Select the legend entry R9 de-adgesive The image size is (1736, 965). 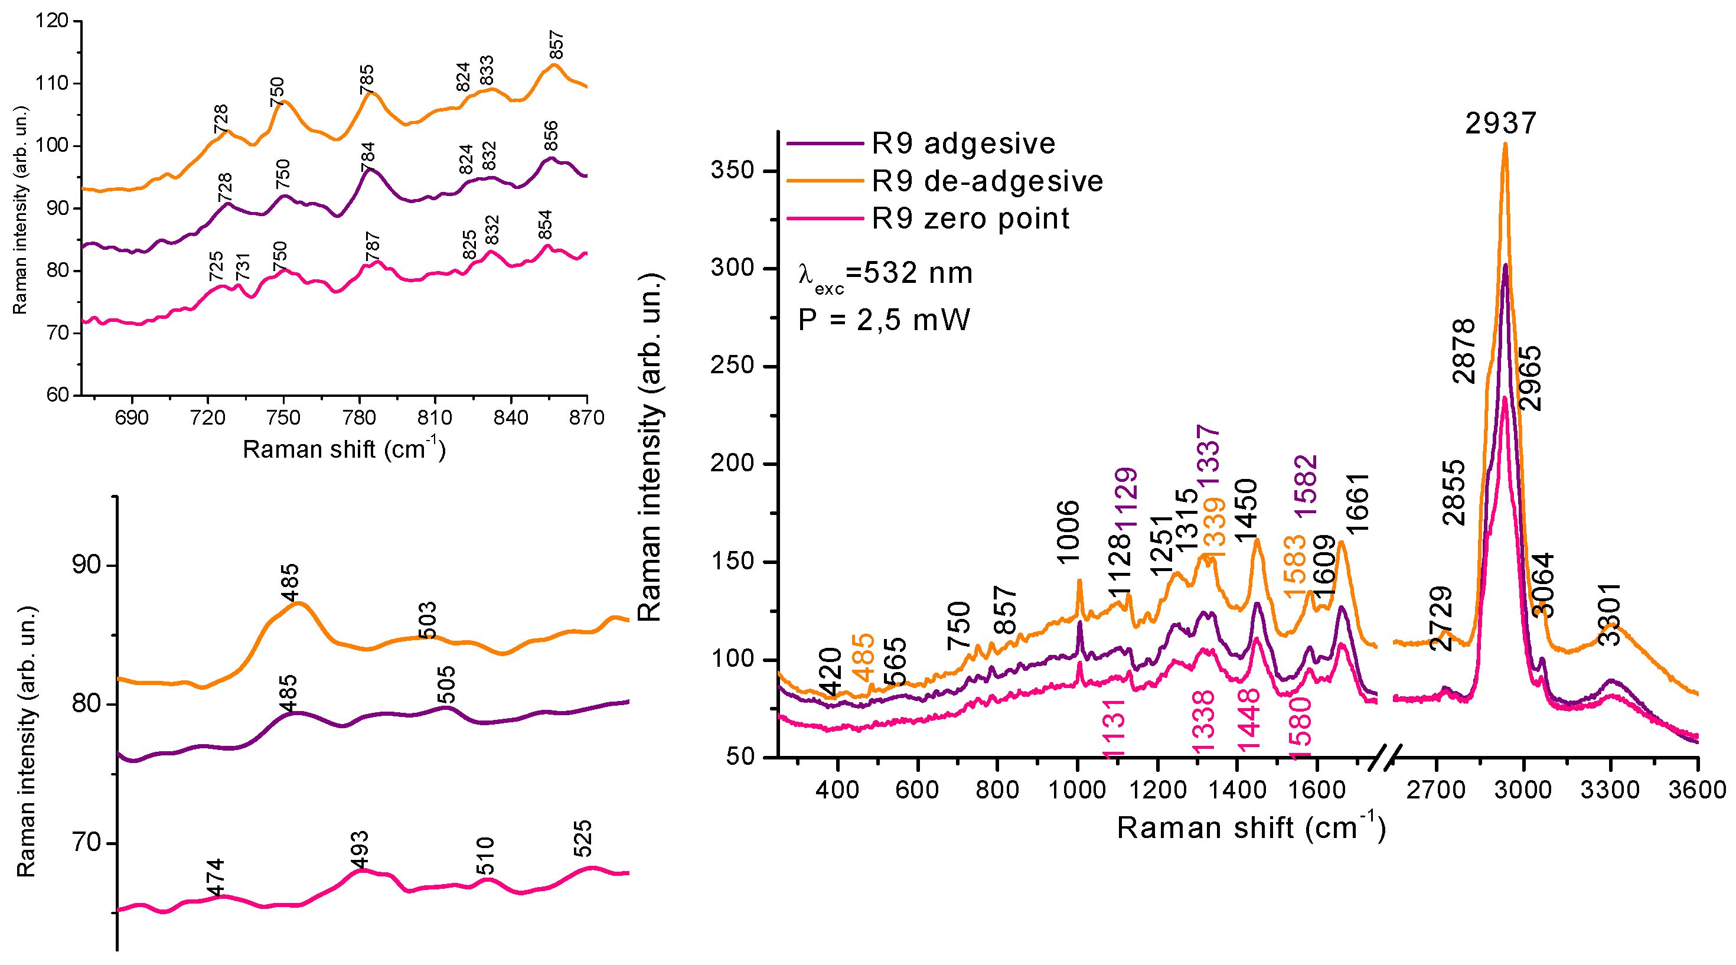click(x=987, y=181)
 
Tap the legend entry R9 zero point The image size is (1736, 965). click(x=970, y=219)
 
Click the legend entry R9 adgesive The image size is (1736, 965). click(x=964, y=144)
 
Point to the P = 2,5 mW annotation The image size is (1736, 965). click(x=883, y=320)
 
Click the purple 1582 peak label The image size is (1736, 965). click(x=1306, y=485)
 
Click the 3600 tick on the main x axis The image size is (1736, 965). click(x=1698, y=789)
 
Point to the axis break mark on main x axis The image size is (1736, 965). click(x=1386, y=756)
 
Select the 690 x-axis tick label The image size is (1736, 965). click(x=132, y=418)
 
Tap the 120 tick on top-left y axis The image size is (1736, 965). click(x=52, y=21)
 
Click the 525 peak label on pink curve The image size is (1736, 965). click(x=582, y=838)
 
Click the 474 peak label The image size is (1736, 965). click(x=215, y=878)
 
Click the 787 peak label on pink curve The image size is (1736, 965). click(x=372, y=247)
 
